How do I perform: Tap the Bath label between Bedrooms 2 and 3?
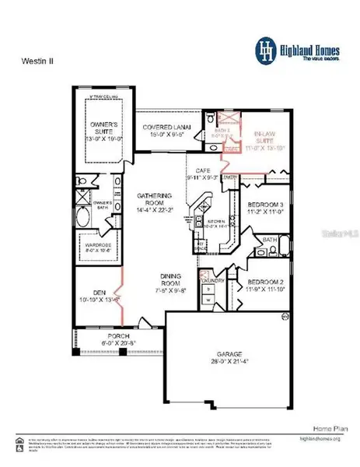(x=269, y=240)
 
